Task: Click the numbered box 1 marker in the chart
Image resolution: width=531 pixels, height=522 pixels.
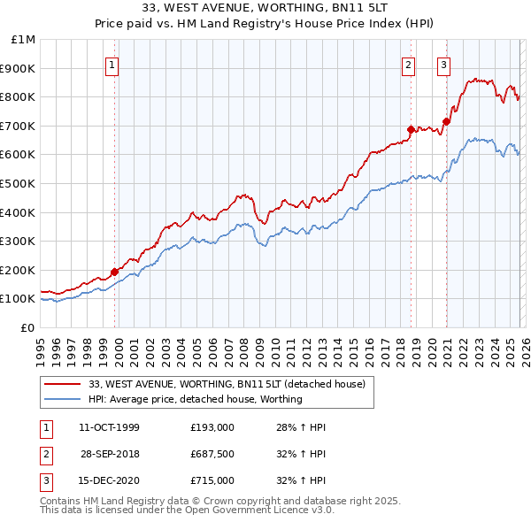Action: tap(113, 64)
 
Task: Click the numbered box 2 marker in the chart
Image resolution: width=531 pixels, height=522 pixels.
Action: tap(408, 64)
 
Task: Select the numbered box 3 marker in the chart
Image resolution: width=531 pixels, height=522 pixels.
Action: tap(442, 64)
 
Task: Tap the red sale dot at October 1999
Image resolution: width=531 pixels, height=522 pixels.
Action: tap(115, 272)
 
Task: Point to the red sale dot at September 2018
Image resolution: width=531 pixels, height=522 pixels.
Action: tap(411, 129)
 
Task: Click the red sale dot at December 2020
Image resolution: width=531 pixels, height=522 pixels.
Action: tap(446, 121)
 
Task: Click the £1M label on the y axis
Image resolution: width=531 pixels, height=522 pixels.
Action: tap(24, 39)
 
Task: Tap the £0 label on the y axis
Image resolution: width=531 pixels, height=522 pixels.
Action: tap(27, 327)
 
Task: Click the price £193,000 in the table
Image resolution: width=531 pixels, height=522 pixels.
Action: tap(212, 427)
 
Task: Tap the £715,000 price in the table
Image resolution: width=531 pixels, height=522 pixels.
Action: tap(212, 480)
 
